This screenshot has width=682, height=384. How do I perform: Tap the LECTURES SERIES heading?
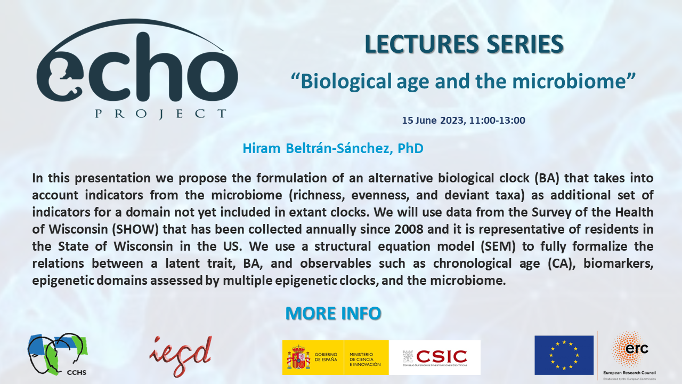coord(464,44)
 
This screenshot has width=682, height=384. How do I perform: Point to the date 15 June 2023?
coord(433,121)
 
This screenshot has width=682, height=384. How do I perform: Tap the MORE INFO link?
coord(333,313)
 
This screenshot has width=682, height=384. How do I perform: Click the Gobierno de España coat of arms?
coord(298,357)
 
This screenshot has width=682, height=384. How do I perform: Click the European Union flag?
coord(564,355)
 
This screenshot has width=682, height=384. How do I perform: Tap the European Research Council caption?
coord(629,372)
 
